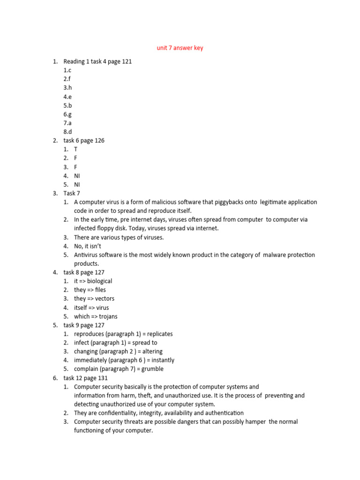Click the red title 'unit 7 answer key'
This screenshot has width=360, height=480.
[x=180, y=48]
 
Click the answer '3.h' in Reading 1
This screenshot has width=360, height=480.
[x=68, y=88]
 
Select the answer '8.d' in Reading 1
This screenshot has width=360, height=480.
[x=68, y=132]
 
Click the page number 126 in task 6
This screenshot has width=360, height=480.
[x=99, y=141]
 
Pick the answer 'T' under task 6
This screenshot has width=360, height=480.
[x=76, y=150]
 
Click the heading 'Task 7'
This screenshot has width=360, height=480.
[x=72, y=193]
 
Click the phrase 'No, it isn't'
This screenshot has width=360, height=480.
[x=88, y=246]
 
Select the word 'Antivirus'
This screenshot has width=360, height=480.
[x=86, y=255]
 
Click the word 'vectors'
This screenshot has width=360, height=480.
[x=105, y=299]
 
